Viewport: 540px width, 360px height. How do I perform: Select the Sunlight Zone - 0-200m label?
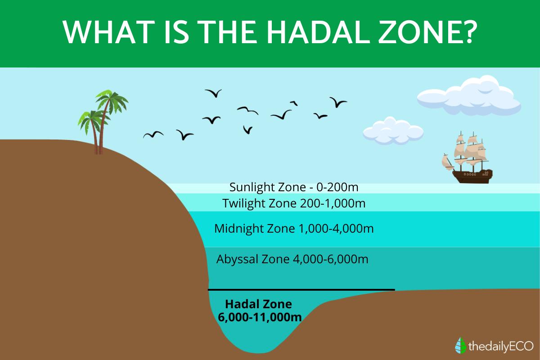tap(294, 187)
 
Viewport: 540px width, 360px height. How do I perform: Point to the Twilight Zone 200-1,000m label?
tap(294, 203)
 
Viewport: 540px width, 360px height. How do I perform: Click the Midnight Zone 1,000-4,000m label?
tap(294, 228)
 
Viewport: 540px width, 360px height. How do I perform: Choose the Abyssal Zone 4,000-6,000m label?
tap(292, 259)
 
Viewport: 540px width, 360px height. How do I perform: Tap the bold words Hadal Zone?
tap(258, 304)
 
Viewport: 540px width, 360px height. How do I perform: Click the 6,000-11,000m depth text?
tap(260, 317)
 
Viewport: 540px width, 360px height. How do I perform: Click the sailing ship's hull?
tap(472, 176)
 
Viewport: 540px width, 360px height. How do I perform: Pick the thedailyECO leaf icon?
tap(460, 346)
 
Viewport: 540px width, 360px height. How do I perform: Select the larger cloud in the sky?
tap(469, 95)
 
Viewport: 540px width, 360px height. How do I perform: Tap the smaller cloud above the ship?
tap(393, 131)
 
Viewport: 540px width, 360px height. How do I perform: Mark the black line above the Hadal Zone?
tap(301, 290)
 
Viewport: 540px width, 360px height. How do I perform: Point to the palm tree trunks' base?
tap(99, 152)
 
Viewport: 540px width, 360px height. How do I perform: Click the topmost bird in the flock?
tap(214, 93)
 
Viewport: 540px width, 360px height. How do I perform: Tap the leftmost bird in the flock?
tap(153, 135)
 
